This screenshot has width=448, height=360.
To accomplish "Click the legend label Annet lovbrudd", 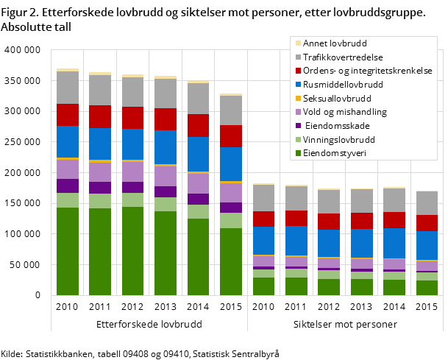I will click(335, 43).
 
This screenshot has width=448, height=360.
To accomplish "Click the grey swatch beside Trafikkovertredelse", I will click(298, 57).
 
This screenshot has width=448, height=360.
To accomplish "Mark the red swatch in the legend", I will click(298, 71).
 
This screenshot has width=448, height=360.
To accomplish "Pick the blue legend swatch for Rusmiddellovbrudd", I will click(298, 85).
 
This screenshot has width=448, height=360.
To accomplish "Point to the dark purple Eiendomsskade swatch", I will click(298, 126).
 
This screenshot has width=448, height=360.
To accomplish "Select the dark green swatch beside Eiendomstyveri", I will click(298, 153).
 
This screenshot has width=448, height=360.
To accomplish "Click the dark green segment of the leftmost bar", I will click(68, 251).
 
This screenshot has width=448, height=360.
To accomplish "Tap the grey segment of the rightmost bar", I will click(427, 203).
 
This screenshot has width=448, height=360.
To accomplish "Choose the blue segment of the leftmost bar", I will click(68, 141).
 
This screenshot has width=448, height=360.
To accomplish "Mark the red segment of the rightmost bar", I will click(427, 223).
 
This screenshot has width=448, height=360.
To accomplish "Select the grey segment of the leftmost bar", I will click(68, 88).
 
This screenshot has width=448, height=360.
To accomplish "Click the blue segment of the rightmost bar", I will click(427, 245).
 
